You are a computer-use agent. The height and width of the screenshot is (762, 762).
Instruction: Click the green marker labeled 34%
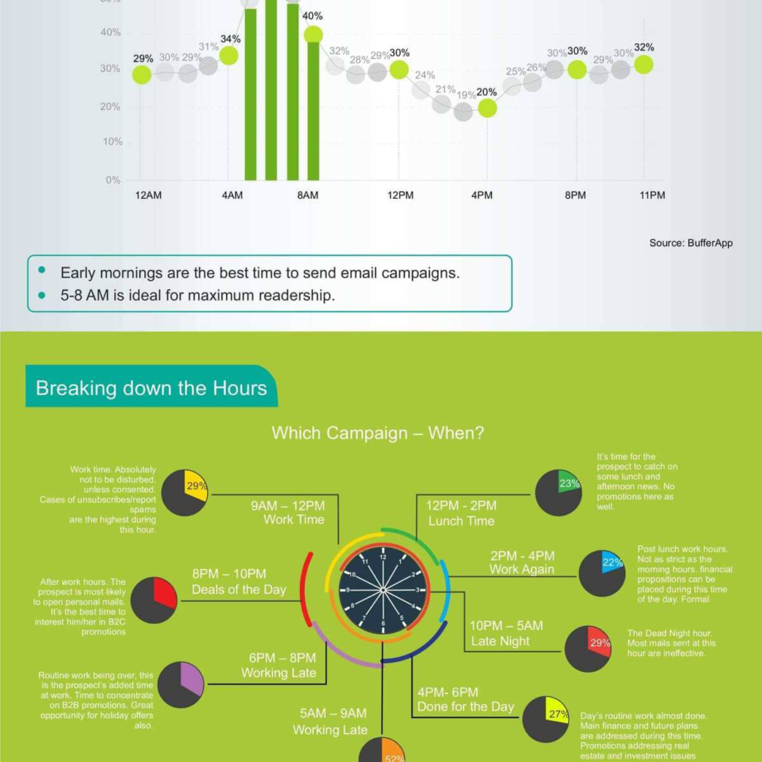click(229, 55)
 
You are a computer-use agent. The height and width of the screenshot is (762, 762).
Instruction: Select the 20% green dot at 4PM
click(487, 108)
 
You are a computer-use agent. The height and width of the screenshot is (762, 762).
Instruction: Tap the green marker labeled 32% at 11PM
click(644, 64)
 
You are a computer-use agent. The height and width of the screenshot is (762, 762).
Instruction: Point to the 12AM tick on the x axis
click(148, 195)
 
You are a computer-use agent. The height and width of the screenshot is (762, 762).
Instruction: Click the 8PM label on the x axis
click(576, 195)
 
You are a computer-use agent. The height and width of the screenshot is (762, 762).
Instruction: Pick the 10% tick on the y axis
click(112, 142)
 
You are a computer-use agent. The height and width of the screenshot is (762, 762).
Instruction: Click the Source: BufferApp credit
click(691, 243)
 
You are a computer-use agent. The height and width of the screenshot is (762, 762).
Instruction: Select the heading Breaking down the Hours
click(152, 388)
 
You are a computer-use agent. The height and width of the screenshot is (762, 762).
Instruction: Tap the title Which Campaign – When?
click(378, 433)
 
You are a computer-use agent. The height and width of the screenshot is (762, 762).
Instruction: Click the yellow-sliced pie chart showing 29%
click(185, 493)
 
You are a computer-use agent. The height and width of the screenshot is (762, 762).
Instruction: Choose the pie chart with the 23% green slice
click(558, 492)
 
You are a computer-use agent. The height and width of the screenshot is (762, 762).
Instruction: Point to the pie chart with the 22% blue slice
click(602, 572)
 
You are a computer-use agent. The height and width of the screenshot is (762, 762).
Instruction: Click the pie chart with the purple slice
click(181, 684)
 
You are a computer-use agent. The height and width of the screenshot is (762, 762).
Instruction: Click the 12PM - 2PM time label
click(461, 506)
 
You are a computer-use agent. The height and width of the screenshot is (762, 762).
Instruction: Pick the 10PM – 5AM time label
click(507, 625)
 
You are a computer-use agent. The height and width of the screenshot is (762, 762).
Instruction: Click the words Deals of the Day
click(239, 590)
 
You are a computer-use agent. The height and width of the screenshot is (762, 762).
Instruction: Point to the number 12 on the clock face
click(383, 557)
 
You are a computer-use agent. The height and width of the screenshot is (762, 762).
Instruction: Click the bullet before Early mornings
click(42, 272)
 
